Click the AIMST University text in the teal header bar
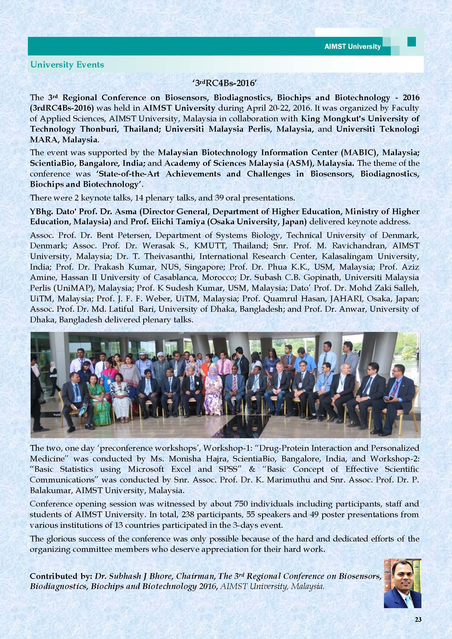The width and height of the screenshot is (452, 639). (352, 46)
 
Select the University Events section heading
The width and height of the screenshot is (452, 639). (67, 64)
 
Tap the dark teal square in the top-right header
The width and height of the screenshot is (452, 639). (411, 42)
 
